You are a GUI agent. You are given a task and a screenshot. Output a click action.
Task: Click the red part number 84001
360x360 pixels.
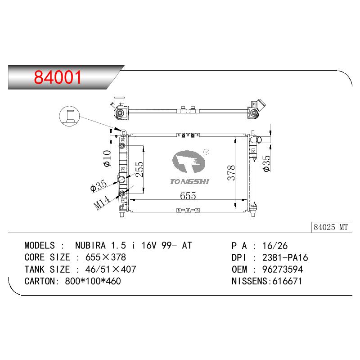tap(58, 77)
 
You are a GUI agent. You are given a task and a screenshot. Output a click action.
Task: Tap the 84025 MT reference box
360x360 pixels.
tap(331, 227)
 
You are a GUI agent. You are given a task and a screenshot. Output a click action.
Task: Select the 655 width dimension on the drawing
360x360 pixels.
tap(188, 196)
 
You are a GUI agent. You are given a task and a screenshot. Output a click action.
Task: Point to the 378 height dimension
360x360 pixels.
tap(231, 173)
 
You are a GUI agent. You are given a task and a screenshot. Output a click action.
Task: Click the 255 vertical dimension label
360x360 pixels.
tap(139, 169)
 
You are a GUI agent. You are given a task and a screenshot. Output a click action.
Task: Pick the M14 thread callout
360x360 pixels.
tap(102, 202)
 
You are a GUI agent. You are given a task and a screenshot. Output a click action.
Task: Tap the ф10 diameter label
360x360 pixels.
tap(107, 158)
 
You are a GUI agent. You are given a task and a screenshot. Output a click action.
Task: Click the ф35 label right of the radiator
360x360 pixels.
tap(267, 163)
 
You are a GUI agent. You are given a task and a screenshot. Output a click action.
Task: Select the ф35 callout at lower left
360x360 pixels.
tap(99, 186)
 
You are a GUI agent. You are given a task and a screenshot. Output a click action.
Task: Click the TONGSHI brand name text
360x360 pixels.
tap(189, 182)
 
